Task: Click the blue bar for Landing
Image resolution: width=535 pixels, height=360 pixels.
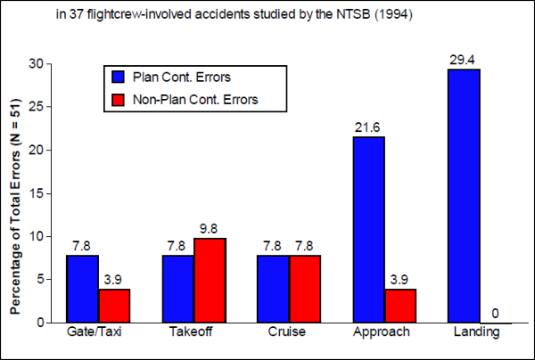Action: point(465,195)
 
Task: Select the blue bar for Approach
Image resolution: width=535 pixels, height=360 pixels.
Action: point(369,229)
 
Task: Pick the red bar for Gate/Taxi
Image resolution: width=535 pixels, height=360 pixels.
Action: point(114,306)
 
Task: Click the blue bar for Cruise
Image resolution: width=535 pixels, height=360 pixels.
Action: point(274,289)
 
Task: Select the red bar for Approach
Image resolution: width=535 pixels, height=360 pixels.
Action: point(400,306)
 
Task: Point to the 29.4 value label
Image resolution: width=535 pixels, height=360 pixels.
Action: point(465,59)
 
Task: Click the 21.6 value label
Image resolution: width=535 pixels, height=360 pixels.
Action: point(369,127)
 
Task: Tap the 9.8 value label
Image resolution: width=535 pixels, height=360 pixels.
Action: point(210,228)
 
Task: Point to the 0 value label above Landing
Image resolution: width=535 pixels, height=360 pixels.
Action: point(496,313)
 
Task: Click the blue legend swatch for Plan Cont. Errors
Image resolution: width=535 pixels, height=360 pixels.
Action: point(115,78)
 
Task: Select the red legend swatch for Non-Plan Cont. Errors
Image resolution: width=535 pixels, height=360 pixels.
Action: point(115,99)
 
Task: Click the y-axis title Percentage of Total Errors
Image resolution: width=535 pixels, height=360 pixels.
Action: point(15,193)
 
